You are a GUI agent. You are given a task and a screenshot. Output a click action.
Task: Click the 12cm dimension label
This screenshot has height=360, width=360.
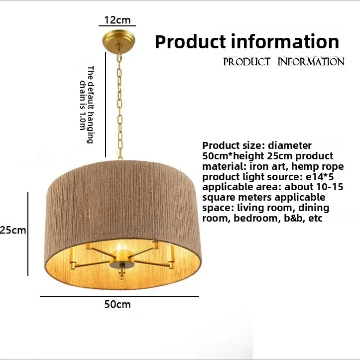[117, 20]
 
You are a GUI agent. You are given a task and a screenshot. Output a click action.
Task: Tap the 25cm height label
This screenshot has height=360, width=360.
[12, 230]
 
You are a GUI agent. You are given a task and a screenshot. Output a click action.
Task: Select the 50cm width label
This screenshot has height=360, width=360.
[118, 304]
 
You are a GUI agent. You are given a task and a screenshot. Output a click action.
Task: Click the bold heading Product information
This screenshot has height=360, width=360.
[247, 41]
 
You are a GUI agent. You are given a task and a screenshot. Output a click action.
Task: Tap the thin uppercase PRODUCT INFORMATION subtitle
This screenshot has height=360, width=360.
[284, 62]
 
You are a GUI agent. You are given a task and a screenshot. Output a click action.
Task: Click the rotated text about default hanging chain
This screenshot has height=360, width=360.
[87, 105]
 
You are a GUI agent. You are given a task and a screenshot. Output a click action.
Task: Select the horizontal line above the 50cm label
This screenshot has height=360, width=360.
[119, 297]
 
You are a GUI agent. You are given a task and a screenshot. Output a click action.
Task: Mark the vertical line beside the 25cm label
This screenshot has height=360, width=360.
[27, 233]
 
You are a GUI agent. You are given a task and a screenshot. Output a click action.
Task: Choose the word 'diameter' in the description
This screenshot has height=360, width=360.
[290, 145]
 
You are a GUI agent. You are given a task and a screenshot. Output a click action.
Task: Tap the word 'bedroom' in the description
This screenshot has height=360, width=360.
[252, 218]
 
